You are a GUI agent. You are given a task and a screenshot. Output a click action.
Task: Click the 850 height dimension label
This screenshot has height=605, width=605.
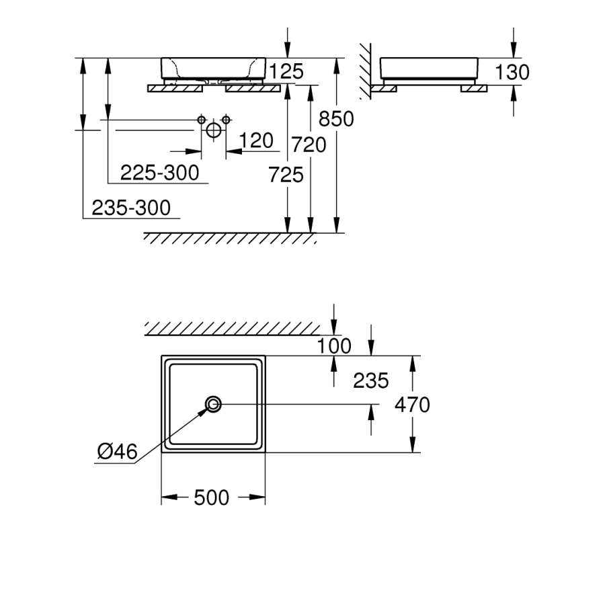[x=335, y=119]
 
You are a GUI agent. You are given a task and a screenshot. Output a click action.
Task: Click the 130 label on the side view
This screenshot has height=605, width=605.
[x=512, y=72]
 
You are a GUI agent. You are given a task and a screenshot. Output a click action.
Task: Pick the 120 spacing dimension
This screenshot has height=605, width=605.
[x=256, y=140]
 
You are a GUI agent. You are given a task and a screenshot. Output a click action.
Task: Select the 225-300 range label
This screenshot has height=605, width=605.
[x=160, y=173]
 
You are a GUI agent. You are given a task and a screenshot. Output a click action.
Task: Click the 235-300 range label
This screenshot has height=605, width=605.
[x=131, y=208]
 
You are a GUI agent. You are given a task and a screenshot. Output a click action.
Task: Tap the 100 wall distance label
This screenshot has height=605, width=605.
[x=334, y=346]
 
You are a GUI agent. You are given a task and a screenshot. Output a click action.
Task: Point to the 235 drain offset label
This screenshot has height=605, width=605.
[x=371, y=380]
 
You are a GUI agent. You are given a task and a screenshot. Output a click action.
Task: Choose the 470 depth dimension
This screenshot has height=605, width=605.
[x=412, y=405]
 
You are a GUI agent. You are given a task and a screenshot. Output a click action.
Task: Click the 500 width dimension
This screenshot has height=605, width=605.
[x=212, y=498]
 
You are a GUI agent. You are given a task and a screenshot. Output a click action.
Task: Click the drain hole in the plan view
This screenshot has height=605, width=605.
[x=214, y=404]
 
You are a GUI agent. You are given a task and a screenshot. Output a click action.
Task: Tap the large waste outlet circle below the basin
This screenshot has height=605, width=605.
[x=214, y=130]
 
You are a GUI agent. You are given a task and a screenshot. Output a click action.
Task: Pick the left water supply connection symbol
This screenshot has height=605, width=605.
[x=201, y=120]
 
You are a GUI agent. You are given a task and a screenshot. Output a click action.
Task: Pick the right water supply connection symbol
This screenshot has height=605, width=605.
[x=226, y=120]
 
